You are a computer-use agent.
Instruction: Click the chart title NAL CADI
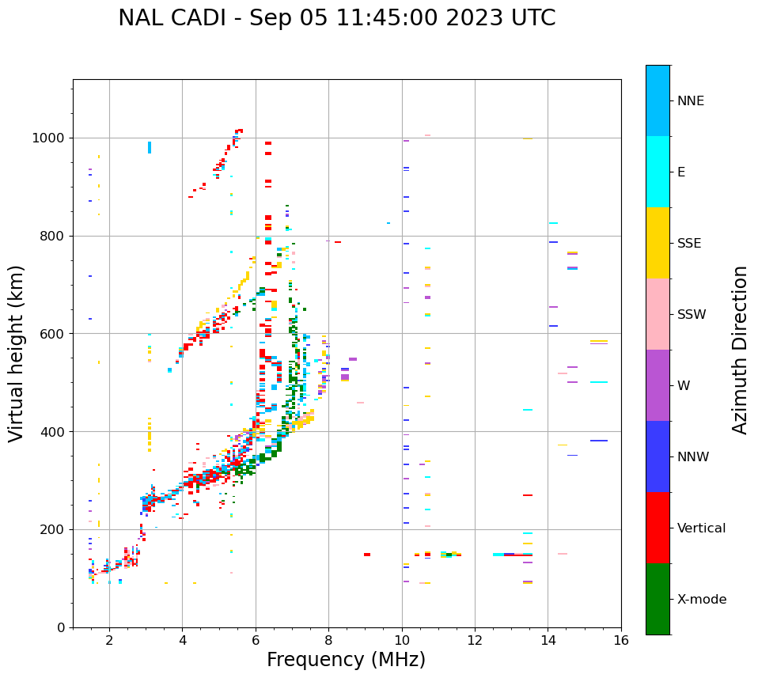[x=336, y=18]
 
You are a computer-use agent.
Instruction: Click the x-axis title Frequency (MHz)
[x=346, y=660]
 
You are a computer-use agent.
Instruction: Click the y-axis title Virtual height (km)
[x=17, y=353]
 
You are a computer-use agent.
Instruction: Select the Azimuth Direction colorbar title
[x=740, y=350]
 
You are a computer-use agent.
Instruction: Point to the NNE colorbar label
[x=690, y=101]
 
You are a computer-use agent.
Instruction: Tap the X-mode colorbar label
[x=701, y=600]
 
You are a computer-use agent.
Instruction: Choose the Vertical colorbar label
[x=701, y=528]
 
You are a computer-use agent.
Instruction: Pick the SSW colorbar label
[x=692, y=315]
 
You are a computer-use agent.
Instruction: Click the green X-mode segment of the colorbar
[x=658, y=599]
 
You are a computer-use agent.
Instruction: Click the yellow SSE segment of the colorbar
[x=658, y=243]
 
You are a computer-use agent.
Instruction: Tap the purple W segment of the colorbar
[x=658, y=385]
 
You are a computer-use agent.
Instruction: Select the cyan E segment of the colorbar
[x=658, y=172]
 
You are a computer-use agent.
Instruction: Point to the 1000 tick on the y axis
[x=51, y=138]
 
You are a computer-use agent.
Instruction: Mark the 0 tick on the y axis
[x=62, y=627]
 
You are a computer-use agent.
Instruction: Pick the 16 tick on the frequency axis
[x=621, y=639]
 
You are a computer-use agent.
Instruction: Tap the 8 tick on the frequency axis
[x=328, y=639]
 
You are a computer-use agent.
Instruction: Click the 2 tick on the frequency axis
[x=109, y=639]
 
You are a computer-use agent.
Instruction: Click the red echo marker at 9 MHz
[x=367, y=555]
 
